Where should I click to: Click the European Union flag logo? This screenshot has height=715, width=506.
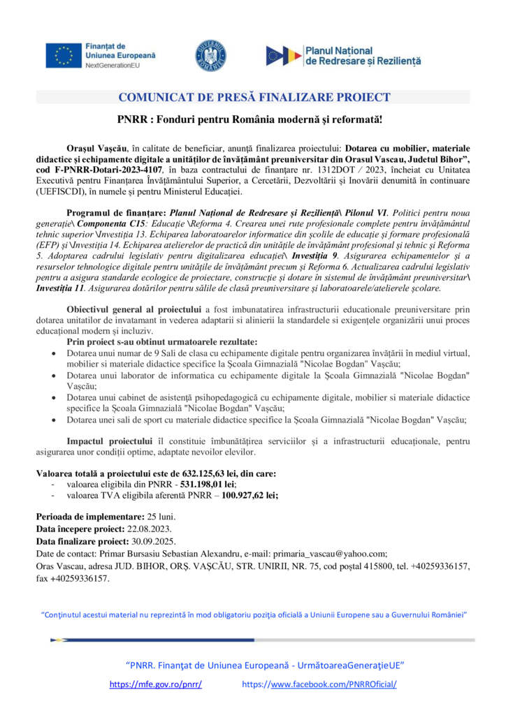[64, 55]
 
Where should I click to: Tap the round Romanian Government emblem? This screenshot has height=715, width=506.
[210, 55]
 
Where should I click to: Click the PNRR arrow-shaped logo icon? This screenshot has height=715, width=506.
[284, 55]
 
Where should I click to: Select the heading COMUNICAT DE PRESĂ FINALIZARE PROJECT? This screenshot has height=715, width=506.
[254, 97]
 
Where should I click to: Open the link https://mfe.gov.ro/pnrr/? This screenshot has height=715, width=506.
[156, 684]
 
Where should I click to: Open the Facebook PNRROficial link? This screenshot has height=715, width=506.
[319, 684]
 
